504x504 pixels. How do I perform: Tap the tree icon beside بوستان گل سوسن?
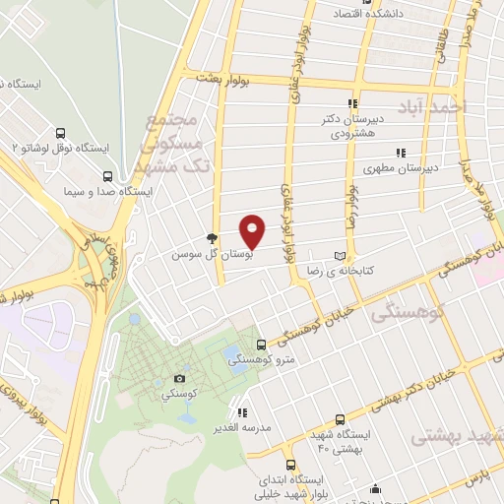click(x=211, y=238)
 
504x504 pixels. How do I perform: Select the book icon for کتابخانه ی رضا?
click(x=341, y=253)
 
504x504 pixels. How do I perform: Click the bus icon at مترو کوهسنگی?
click(x=261, y=345)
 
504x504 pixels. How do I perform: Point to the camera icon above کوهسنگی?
click(x=179, y=378)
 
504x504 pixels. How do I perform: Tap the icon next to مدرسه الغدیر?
click(x=241, y=412)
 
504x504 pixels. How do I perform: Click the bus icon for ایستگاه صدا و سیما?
click(x=107, y=177)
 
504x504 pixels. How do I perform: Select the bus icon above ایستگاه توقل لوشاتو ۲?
click(x=61, y=134)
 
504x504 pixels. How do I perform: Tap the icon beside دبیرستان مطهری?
click(x=400, y=153)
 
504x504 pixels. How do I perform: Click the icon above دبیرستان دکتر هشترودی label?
click(x=351, y=102)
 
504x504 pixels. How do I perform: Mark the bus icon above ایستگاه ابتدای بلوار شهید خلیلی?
click(x=289, y=464)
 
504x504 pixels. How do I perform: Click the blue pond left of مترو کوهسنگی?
click(x=233, y=351)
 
